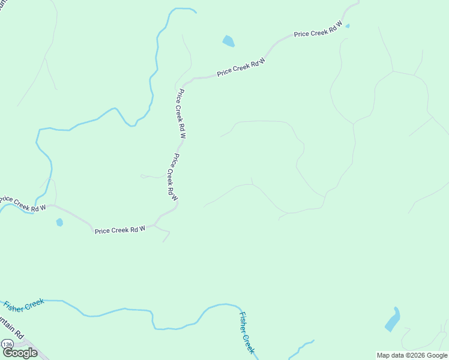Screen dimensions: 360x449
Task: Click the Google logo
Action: [20, 353]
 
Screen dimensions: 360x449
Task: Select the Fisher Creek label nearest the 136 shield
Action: [24, 305]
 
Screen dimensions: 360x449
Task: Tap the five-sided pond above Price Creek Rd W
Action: [228, 41]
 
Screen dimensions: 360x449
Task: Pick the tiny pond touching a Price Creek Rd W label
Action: [348, 26]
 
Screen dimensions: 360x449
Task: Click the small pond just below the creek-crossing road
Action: [59, 223]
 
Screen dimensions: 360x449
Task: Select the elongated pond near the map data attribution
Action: [392, 320]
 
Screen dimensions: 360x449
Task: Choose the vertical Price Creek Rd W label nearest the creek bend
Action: [181, 114]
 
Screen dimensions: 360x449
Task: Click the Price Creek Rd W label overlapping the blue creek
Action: [23, 203]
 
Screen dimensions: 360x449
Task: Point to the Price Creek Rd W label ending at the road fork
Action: [120, 230]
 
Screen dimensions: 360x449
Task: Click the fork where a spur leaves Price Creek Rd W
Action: [155, 226]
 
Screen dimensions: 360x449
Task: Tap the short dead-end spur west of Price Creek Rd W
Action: [150, 177]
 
